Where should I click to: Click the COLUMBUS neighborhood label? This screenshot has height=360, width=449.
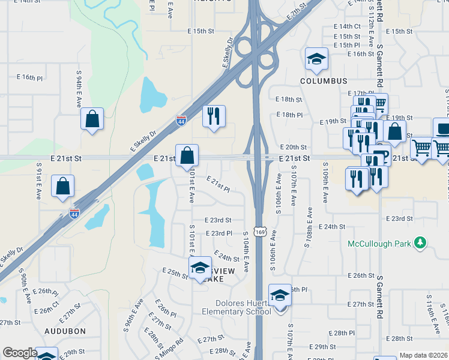click(x=324, y=81)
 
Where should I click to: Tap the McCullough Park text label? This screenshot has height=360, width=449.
click(x=381, y=244)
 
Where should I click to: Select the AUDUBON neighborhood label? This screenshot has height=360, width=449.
click(x=64, y=331)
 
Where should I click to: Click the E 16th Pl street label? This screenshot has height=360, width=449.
click(x=30, y=78)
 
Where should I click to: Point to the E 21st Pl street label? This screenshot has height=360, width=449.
click(x=218, y=184)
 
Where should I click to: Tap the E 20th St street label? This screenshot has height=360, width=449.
click(x=293, y=147)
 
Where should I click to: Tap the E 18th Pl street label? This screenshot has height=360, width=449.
click(x=289, y=115)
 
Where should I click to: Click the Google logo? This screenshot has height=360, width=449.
click(x=20, y=353)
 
